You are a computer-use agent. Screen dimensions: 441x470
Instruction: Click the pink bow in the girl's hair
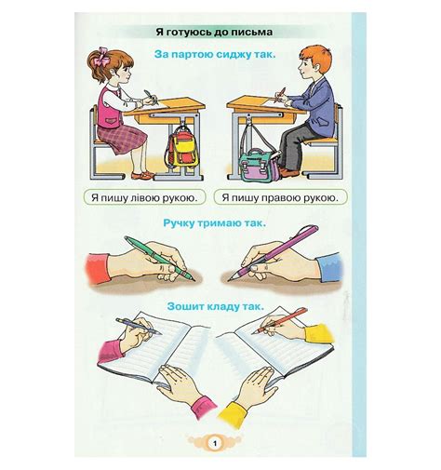(x=102, y=56)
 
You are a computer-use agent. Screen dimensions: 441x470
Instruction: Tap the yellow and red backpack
(x=181, y=150)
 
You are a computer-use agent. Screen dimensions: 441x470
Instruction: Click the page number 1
(x=215, y=443)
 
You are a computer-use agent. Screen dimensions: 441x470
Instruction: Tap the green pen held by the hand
(x=160, y=259)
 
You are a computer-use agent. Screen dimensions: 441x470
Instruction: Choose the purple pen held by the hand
(x=274, y=253)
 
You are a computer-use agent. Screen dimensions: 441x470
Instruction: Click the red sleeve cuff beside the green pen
(x=97, y=269)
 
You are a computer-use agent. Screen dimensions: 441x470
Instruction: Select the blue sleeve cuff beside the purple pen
(x=330, y=267)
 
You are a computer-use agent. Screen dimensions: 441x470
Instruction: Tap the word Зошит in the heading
(x=180, y=306)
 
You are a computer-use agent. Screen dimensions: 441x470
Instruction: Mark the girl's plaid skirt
(x=122, y=138)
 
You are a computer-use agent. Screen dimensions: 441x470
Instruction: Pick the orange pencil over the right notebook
(x=279, y=321)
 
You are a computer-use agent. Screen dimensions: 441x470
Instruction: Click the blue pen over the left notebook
(x=139, y=327)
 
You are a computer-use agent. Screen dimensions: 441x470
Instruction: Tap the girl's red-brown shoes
(x=142, y=175)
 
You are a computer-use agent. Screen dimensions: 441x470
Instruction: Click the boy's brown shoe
(x=289, y=172)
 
